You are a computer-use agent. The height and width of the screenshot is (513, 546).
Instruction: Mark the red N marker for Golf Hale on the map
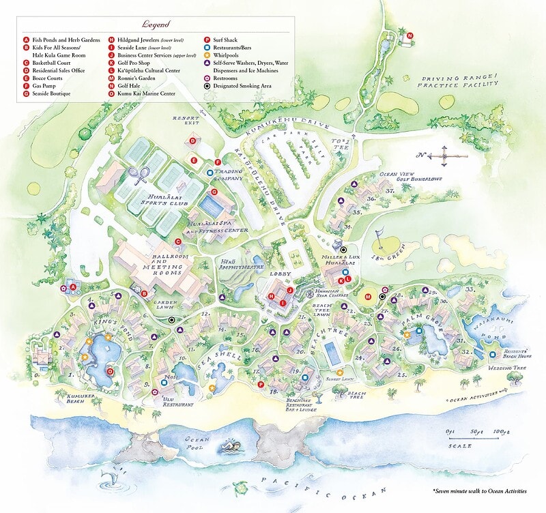pyautogui.click(x=409, y=35)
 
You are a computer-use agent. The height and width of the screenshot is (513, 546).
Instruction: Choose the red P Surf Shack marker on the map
pyautogui.click(x=261, y=385)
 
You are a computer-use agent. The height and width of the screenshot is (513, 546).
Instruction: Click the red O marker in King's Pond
pyautogui.click(x=110, y=371)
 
